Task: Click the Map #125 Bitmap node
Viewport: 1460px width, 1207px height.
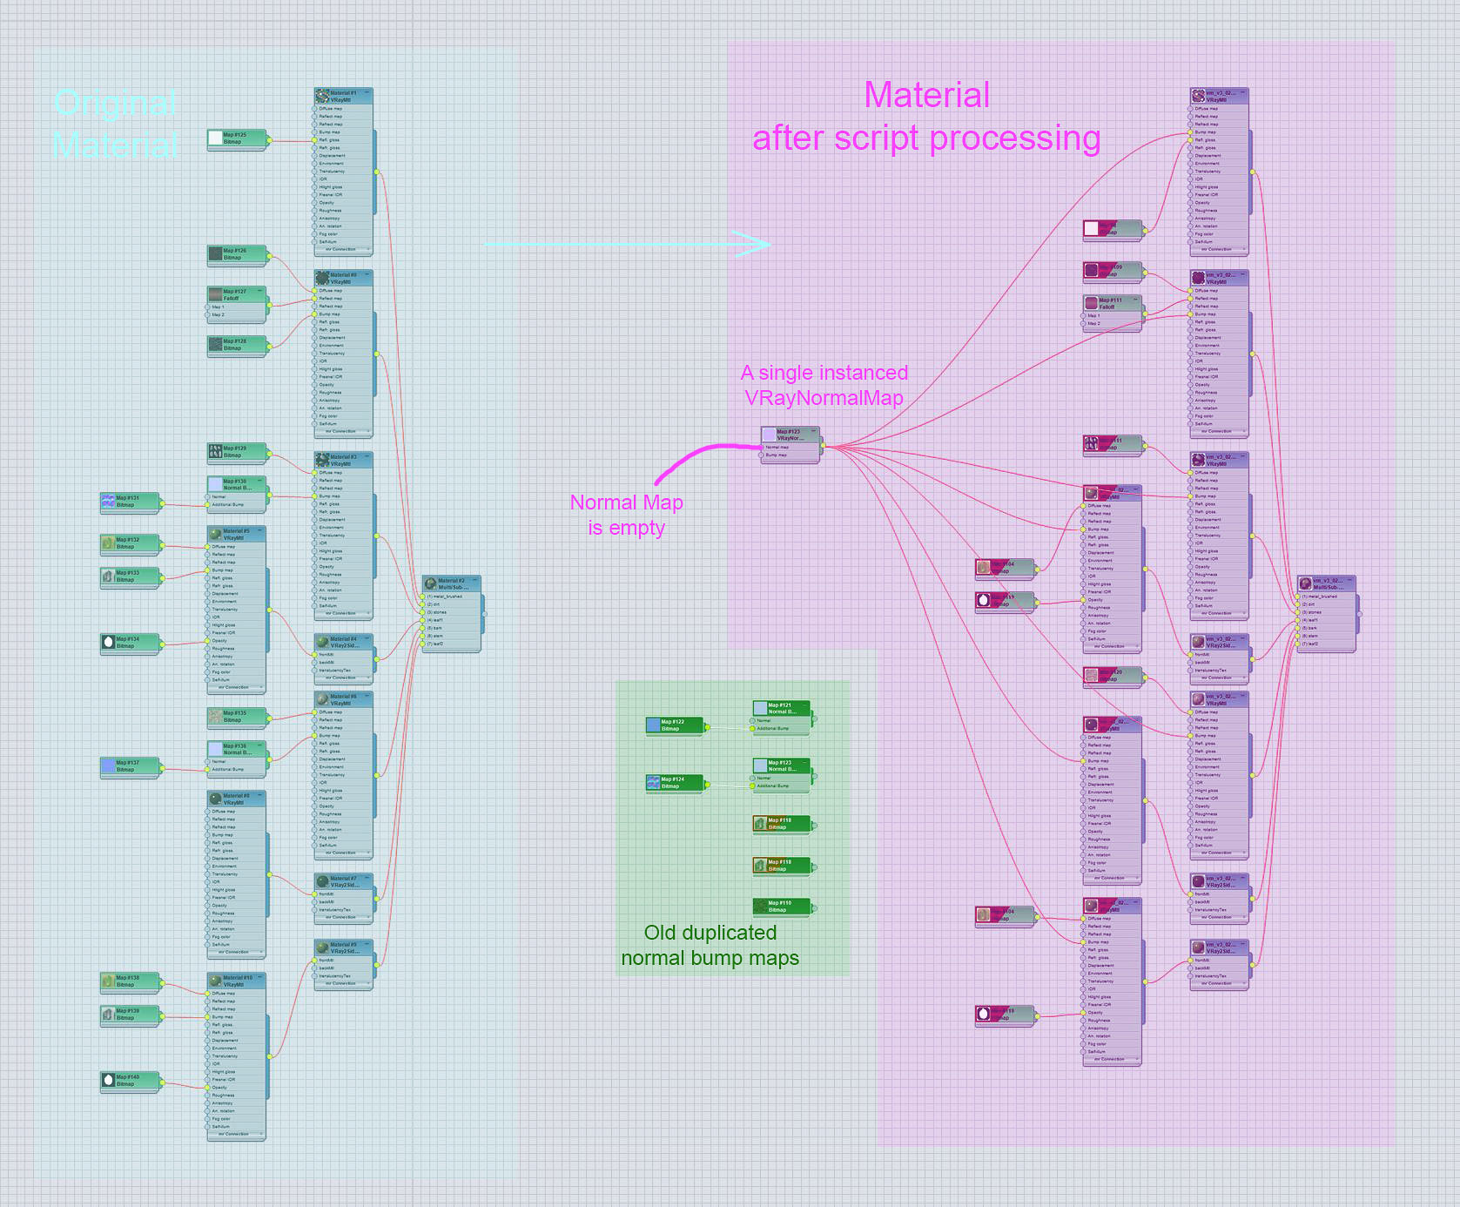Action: pyautogui.click(x=236, y=138)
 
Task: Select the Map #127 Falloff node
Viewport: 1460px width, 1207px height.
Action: pyautogui.click(x=236, y=294)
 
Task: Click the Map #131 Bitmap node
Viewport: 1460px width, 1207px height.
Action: pyautogui.click(x=130, y=502)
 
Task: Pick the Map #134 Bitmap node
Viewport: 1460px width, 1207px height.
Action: pyautogui.click(x=130, y=643)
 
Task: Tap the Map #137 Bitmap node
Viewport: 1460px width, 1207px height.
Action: pyautogui.click(x=130, y=766)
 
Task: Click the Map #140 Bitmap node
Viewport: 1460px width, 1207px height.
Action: pyautogui.click(x=130, y=1081)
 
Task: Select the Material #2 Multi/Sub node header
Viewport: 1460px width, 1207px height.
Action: pyautogui.click(x=451, y=583)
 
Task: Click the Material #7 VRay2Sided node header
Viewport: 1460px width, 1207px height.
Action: pyautogui.click(x=343, y=881)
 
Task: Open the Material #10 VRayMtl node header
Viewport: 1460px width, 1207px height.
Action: pyautogui.click(x=236, y=981)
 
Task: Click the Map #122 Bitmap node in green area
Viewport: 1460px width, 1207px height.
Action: pyautogui.click(x=675, y=725)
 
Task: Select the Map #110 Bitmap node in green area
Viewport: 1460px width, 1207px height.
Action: pyautogui.click(x=781, y=907)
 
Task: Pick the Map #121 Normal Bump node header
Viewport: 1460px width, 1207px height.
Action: pyautogui.click(x=781, y=708)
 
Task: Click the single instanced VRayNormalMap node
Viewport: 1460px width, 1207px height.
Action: pyautogui.click(x=790, y=435)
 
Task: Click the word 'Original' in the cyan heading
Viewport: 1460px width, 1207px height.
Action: pyautogui.click(x=115, y=104)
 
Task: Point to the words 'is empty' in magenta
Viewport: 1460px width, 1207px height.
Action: pyautogui.click(x=626, y=528)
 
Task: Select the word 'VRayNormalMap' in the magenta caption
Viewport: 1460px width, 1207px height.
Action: pyautogui.click(x=824, y=398)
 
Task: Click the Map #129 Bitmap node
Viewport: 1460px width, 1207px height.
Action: pyautogui.click(x=236, y=451)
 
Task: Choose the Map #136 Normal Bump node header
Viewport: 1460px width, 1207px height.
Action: pyautogui.click(x=236, y=749)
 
